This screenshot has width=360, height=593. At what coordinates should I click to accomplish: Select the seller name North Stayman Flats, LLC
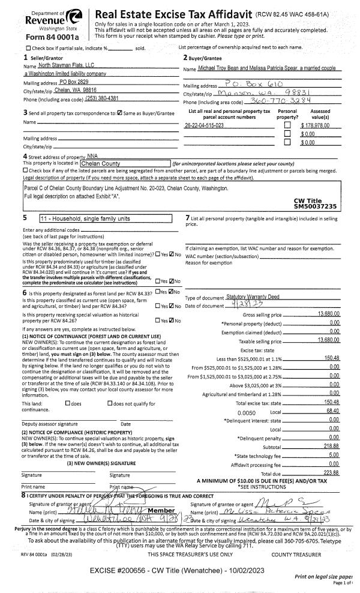point(62,64)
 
